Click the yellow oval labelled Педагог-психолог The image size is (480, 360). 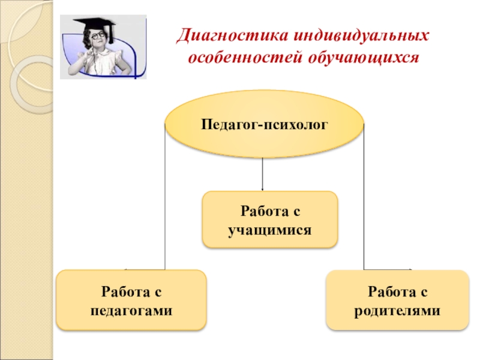tap(264, 125)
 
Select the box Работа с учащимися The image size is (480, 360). tap(269, 220)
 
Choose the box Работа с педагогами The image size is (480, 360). tap(131, 300)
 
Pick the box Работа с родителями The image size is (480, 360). tap(397, 300)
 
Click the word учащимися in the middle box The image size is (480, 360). tap(269, 230)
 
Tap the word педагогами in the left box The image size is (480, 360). tap(131, 311)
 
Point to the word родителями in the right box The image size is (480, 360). tap(397, 311)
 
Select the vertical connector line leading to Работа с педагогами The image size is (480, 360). tap(165, 198)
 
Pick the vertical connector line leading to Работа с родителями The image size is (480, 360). tap(364, 198)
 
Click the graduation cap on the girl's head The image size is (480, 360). tap(95, 24)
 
